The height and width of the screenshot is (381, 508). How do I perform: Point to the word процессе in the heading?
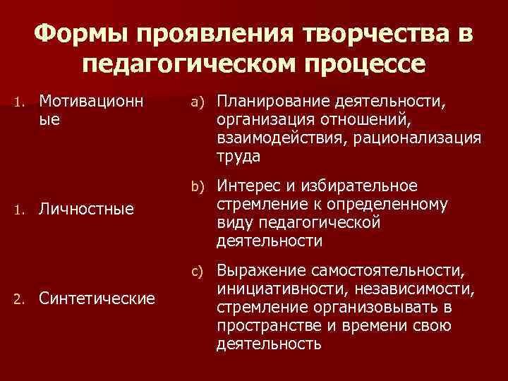point(370,65)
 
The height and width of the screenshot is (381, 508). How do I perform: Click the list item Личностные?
point(87,209)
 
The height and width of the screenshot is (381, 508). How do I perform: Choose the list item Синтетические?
point(97,298)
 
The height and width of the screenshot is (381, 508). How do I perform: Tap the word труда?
point(239,155)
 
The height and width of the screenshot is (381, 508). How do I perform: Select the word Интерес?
point(251,186)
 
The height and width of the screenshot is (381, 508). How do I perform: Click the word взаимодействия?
point(280,138)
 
